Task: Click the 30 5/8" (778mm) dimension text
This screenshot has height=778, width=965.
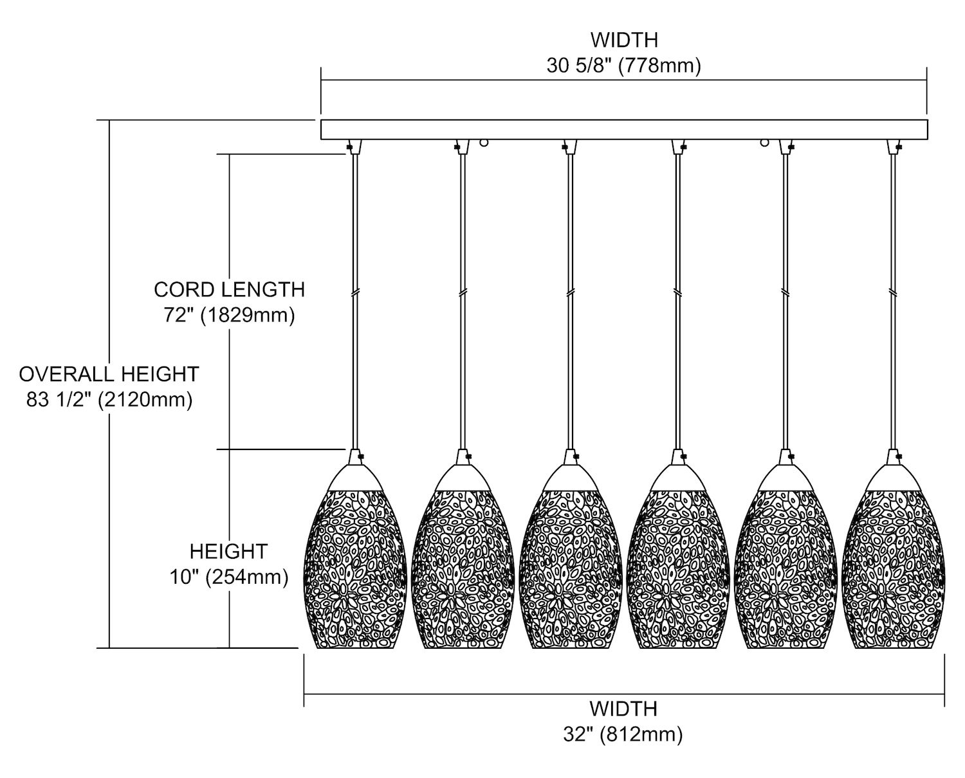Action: click(623, 66)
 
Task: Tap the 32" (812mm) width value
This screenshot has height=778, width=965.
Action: click(623, 734)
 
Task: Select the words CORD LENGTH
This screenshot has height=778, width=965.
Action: click(229, 289)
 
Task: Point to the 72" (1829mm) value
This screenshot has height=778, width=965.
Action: click(229, 316)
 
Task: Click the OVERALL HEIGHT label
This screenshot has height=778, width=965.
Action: click(109, 374)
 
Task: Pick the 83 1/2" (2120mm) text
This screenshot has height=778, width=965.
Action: click(109, 400)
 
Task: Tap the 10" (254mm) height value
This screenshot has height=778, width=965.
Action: click(229, 577)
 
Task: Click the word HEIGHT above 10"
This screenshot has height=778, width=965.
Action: click(228, 551)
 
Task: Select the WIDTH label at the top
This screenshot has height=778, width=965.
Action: click(624, 40)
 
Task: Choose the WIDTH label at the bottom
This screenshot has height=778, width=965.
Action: click(623, 709)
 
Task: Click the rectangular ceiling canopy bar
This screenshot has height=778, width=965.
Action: click(624, 129)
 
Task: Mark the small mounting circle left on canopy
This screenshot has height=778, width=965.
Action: click(484, 143)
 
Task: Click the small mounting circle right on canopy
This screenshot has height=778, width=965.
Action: click(765, 143)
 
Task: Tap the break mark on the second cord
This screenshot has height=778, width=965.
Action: click(462, 293)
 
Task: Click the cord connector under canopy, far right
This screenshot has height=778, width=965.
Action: click(893, 147)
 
